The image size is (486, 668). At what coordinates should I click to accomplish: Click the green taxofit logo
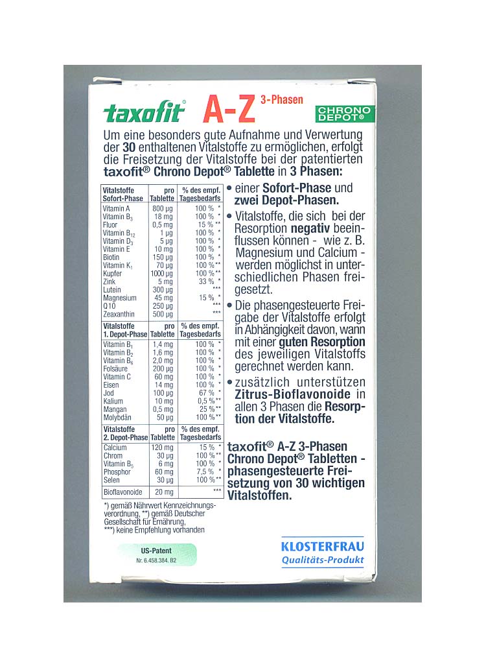pos(144,113)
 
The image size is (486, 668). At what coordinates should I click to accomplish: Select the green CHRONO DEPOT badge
pos(344,114)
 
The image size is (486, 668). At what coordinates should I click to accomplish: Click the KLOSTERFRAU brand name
pos(323,546)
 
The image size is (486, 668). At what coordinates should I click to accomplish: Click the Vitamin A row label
pos(117,208)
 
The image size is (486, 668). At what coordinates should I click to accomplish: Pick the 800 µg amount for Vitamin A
pos(162,208)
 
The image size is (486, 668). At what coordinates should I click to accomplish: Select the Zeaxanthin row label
pos(119,314)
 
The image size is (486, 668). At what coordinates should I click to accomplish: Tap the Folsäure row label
pos(117,368)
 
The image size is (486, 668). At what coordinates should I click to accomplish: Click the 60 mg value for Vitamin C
pos(163,377)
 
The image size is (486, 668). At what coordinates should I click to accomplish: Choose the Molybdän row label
pos(117,418)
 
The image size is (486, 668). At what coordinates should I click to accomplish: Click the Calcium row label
pos(115,447)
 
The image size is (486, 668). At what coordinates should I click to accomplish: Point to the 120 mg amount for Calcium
pos(162,447)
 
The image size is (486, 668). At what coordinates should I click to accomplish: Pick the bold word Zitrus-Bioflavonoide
pos(283,394)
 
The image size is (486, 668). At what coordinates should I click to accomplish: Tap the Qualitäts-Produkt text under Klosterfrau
pos(323,560)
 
